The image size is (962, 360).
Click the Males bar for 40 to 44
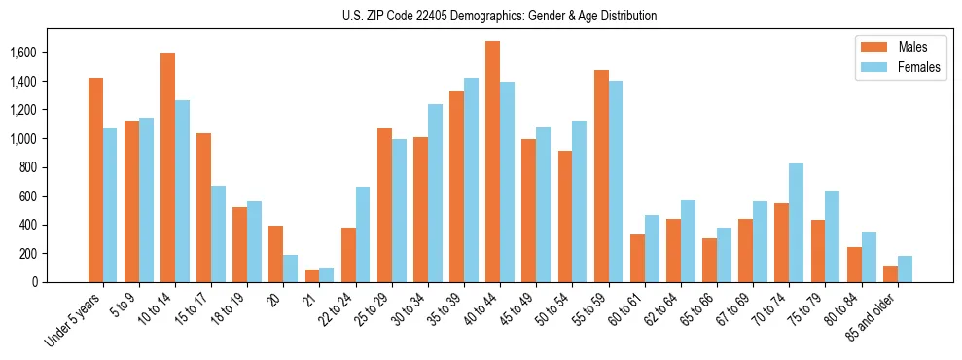click(492, 162)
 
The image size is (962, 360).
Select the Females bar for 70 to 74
click(796, 223)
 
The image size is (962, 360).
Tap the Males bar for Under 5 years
click(95, 180)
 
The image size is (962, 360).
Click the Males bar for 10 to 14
click(167, 167)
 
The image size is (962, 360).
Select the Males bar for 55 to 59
click(600, 176)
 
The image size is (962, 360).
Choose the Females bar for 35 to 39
click(471, 180)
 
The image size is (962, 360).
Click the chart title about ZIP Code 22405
click(499, 17)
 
